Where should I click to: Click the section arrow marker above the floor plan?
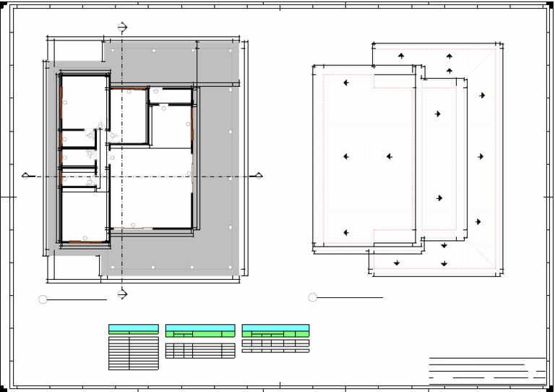tap(122, 27)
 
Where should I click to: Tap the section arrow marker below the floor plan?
tap(122, 294)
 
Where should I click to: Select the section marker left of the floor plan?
tap(26, 175)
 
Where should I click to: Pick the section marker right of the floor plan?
tap(258, 175)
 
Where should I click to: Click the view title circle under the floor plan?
tap(43, 299)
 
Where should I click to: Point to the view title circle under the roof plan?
tap(312, 297)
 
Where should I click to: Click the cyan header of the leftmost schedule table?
tap(133, 328)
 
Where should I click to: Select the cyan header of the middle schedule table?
tap(200, 328)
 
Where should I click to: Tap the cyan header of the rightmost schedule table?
tap(275, 328)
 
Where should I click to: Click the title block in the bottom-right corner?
tap(487, 369)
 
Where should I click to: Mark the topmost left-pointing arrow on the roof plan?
tap(346, 83)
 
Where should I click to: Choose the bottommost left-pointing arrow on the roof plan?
tap(346, 233)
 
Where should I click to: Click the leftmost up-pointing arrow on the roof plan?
tap(401, 56)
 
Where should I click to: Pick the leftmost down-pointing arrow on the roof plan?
tap(397, 263)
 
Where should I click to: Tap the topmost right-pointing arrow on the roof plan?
tap(482, 95)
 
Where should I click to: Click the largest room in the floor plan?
tap(150, 188)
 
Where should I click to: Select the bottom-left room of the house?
tap(84, 214)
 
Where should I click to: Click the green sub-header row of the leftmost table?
tap(133, 334)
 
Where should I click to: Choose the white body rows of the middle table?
tap(200, 351)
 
